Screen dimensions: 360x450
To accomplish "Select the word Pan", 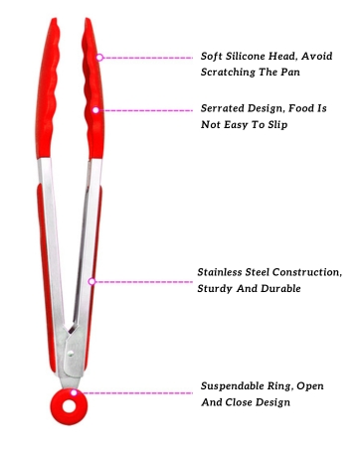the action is (x=290, y=72).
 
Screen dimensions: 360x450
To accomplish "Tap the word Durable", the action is (x=280, y=288).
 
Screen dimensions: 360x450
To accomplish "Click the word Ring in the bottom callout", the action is (x=285, y=386).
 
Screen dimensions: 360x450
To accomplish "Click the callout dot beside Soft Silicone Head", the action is (x=99, y=58).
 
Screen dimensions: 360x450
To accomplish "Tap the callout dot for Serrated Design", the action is (x=95, y=110).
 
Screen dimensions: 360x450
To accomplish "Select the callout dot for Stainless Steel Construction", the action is (x=91, y=281).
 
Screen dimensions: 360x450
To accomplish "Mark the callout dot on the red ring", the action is (x=74, y=392).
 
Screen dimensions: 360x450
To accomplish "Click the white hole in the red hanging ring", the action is (x=70, y=406).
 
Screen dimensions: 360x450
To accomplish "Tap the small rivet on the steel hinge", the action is (x=71, y=354).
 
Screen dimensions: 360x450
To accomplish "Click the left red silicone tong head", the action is (x=48, y=87).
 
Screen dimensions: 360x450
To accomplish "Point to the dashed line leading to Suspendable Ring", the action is (x=135, y=393).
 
